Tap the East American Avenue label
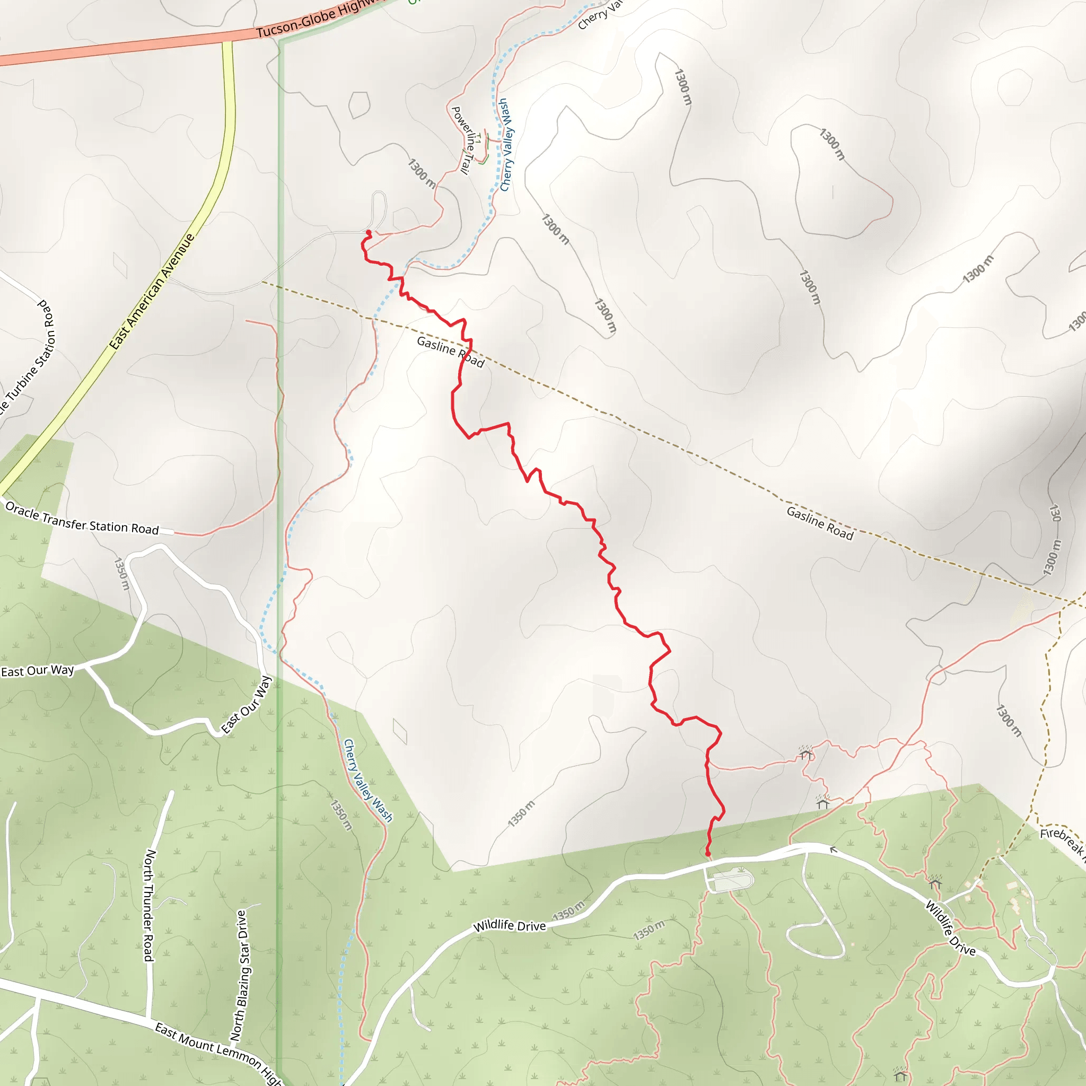(x=152, y=291)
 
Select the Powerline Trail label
(x=465, y=140)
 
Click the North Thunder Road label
(x=149, y=905)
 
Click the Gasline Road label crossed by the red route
(x=450, y=352)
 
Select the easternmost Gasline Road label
(x=820, y=523)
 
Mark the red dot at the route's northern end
(x=369, y=232)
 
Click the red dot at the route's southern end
(x=708, y=854)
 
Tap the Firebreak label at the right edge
(x=1062, y=840)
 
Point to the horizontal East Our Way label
(x=37, y=671)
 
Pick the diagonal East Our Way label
(x=247, y=705)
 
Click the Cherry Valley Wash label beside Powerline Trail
(x=507, y=145)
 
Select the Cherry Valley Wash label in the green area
(x=368, y=781)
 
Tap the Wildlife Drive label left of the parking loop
(x=509, y=925)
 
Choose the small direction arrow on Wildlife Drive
(x=834, y=849)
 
